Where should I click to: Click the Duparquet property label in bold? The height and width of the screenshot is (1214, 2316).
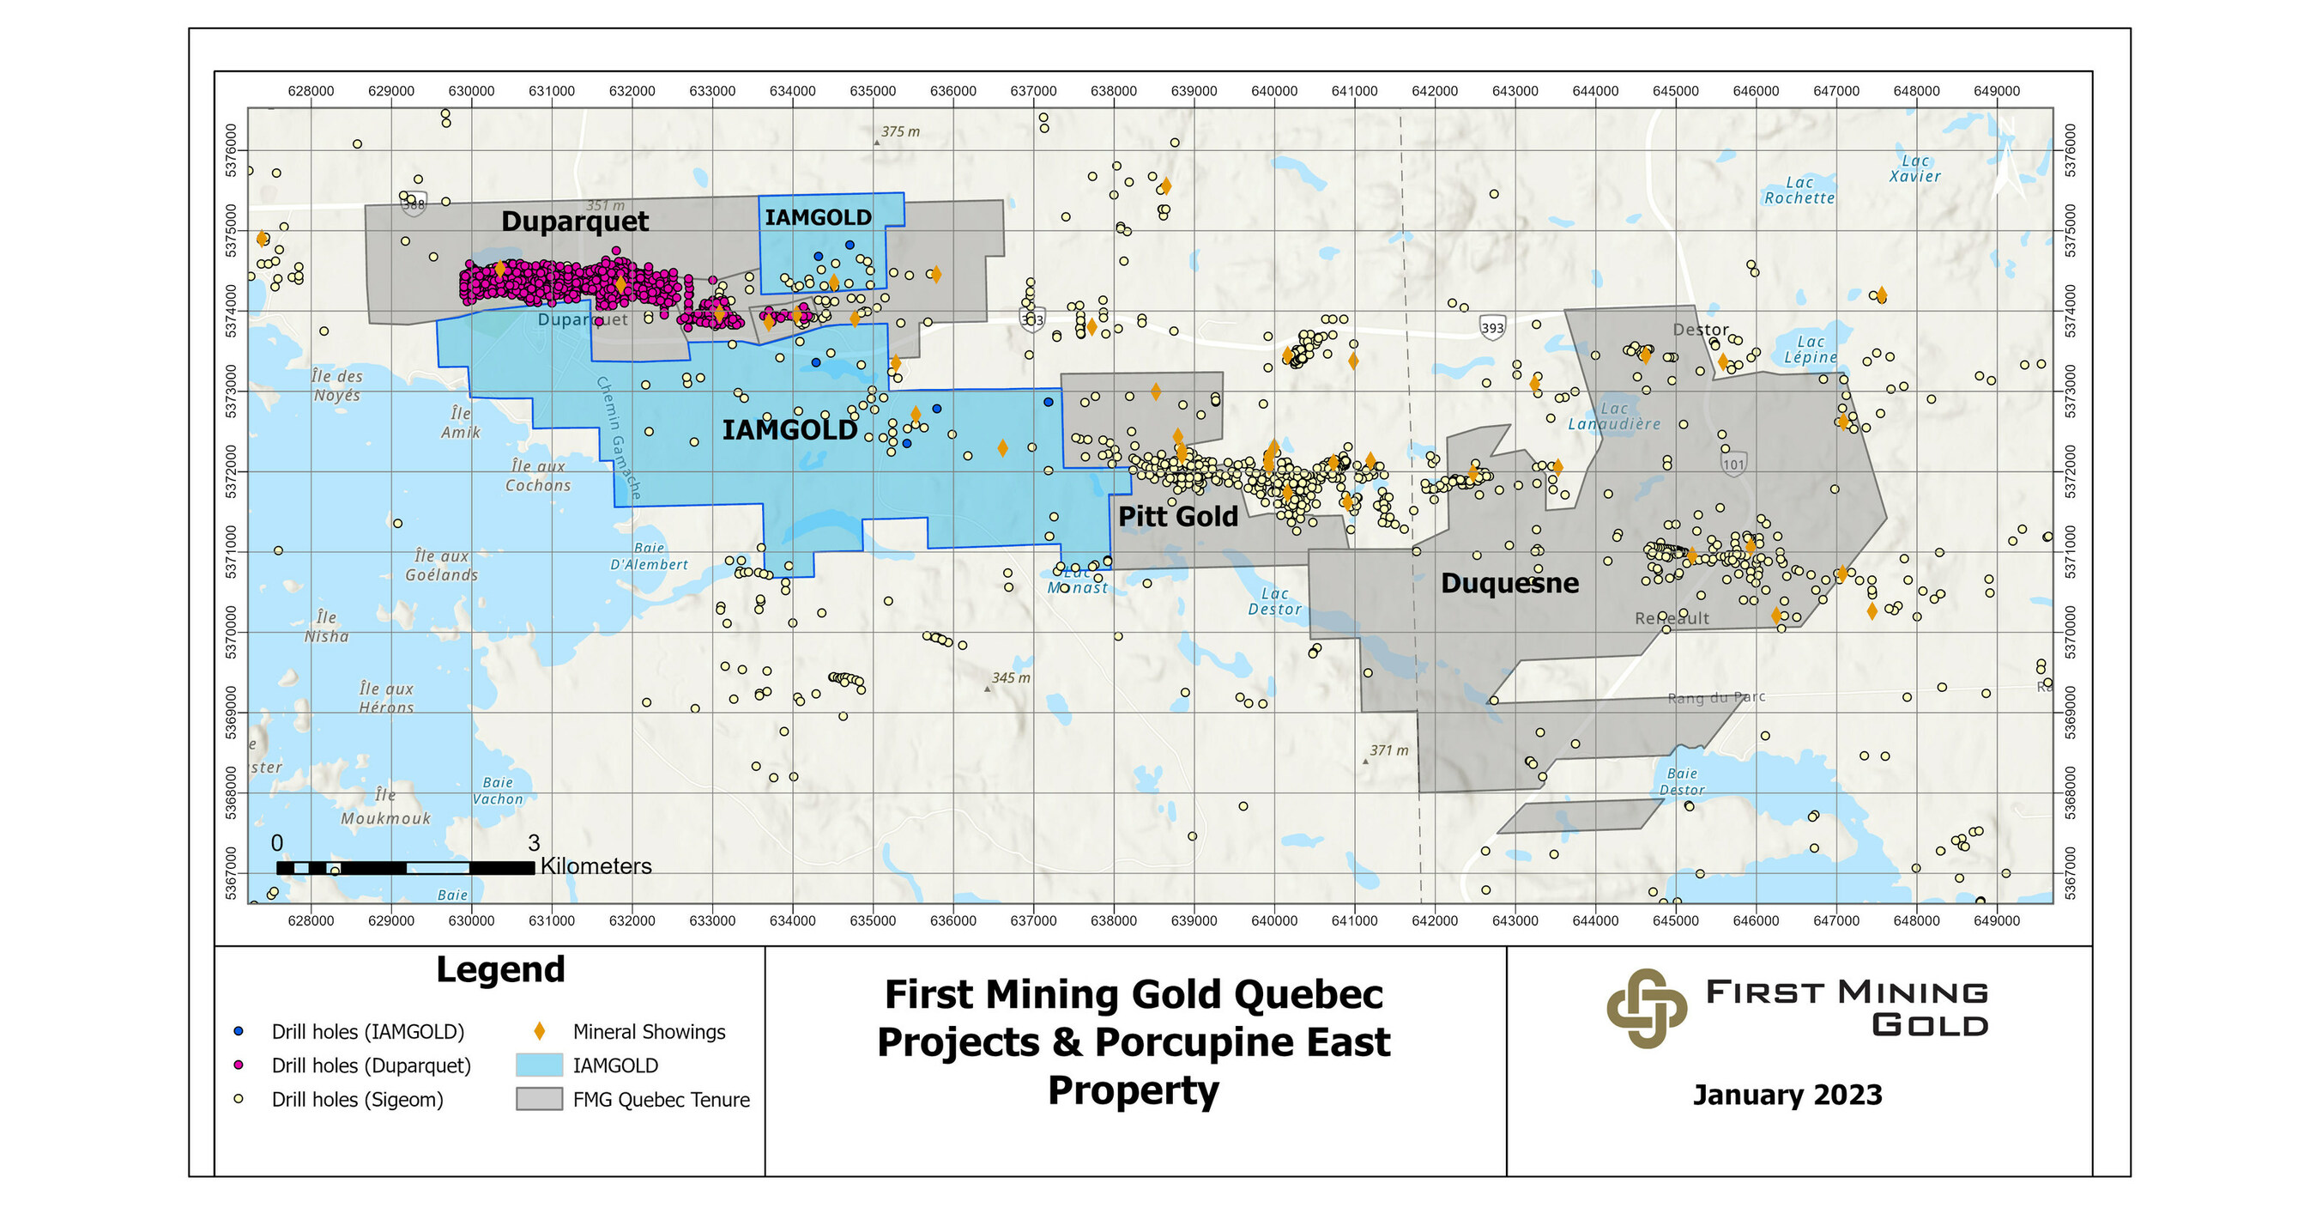click(x=575, y=222)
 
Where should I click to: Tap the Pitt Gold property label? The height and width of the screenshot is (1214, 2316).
click(x=1178, y=516)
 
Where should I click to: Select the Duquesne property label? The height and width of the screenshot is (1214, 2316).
click(x=1509, y=583)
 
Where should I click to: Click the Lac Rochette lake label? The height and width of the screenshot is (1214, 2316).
click(x=1799, y=191)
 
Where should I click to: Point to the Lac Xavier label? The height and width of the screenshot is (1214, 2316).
click(x=1915, y=169)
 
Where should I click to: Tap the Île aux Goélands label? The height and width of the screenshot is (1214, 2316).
click(x=441, y=566)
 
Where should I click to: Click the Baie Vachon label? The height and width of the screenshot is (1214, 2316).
click(x=498, y=791)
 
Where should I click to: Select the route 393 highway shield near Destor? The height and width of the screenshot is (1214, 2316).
click(x=1492, y=327)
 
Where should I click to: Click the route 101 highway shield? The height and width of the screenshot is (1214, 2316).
click(x=1734, y=464)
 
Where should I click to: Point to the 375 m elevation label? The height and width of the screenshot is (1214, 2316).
click(x=900, y=131)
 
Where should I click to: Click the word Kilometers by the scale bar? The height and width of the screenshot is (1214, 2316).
click(x=596, y=866)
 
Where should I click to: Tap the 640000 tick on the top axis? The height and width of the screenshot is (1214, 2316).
click(x=1274, y=91)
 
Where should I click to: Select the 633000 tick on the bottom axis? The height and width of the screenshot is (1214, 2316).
click(x=712, y=921)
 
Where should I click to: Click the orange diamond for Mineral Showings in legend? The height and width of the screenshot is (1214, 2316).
click(x=540, y=1031)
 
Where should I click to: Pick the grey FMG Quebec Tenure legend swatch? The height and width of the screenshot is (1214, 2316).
click(x=540, y=1099)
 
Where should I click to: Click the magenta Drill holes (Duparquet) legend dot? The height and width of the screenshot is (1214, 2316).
click(x=239, y=1065)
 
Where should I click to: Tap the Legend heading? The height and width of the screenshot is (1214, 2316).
click(x=500, y=969)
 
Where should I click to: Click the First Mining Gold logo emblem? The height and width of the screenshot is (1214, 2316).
click(x=1646, y=1008)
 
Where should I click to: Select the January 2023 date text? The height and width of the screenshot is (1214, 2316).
click(x=1787, y=1095)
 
